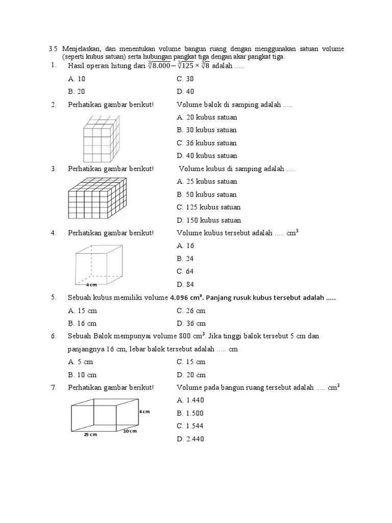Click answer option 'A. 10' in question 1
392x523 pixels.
click(x=77, y=79)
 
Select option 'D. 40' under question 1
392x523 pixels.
click(x=186, y=91)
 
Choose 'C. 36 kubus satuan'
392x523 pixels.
click(x=207, y=143)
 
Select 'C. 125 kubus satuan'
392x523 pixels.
click(x=209, y=207)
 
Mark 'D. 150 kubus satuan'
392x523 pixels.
click(x=209, y=220)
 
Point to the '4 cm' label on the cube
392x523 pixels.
click(x=91, y=284)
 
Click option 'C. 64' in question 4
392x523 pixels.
click(x=185, y=271)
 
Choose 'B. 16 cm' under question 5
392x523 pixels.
click(x=82, y=323)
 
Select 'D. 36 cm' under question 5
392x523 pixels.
click(x=191, y=323)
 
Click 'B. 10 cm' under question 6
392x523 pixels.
click(x=82, y=375)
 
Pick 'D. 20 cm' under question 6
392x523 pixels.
click(x=191, y=375)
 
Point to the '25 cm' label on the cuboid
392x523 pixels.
click(x=90, y=435)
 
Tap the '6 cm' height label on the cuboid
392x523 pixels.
click(x=144, y=411)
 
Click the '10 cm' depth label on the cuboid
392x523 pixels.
click(x=130, y=431)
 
